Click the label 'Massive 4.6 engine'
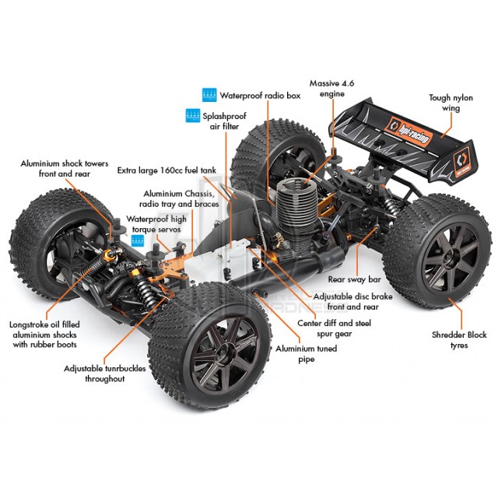332,89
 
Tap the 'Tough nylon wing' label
451,103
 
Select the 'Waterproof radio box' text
260,96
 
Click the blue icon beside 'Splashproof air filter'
193,115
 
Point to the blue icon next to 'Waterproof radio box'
209,95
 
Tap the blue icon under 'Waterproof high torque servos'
138,240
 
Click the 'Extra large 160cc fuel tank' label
167,170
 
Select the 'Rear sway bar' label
355,279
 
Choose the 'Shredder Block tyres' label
459,340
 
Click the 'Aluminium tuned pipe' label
306,353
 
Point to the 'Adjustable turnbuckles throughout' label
105,373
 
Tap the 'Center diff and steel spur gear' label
334,328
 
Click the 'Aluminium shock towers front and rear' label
65,169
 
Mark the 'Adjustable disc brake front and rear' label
352,301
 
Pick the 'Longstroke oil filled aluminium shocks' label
44,335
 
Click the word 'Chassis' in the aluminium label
198,194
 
